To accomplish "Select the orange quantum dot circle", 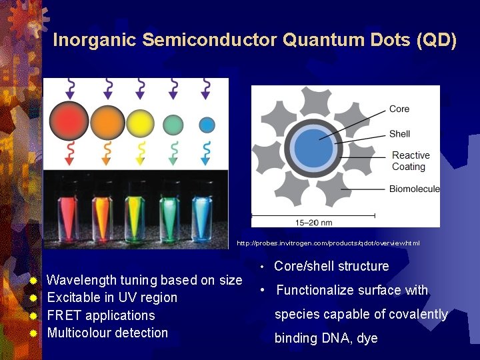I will [x=108, y=123].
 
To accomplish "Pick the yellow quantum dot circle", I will [x=141, y=123].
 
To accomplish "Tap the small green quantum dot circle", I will [x=173, y=124].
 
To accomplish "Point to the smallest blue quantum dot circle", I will [x=207, y=125].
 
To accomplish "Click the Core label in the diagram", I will [x=399, y=109].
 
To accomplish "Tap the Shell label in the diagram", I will [x=400, y=133].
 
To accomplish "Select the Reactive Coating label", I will [x=411, y=161].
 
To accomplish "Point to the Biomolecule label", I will [x=415, y=189].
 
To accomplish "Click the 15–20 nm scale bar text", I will [x=313, y=222].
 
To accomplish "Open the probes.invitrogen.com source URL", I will [x=328, y=243].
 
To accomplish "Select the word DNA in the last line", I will [x=337, y=338].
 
